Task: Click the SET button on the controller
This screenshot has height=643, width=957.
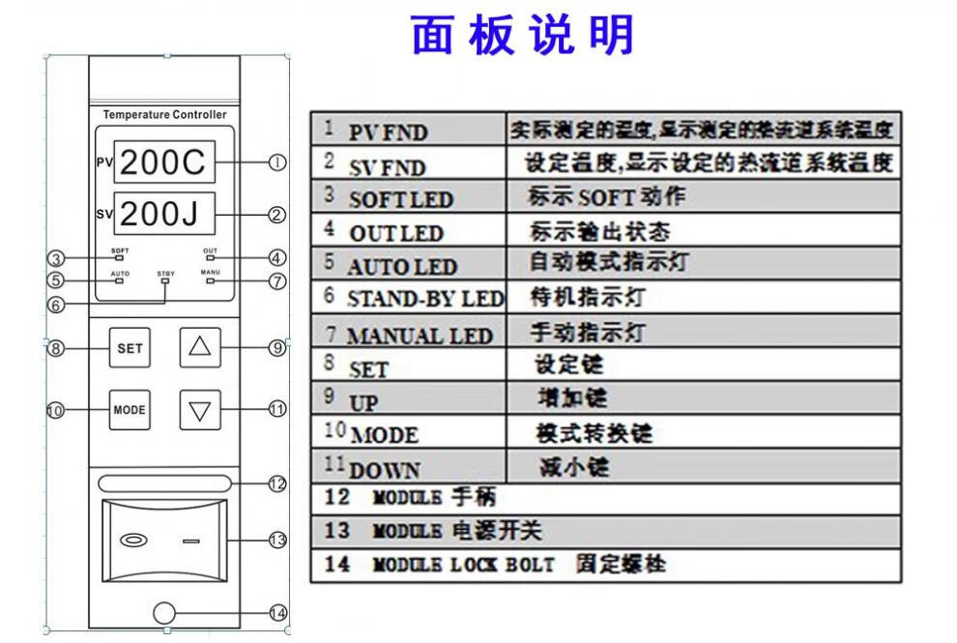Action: point(130,348)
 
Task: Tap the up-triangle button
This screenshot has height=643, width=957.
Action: point(200,347)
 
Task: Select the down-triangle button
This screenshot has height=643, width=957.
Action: point(200,410)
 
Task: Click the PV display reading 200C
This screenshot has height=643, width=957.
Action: point(164,161)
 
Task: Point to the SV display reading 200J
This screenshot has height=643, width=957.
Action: point(164,213)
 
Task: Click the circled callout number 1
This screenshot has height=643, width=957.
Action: point(277,162)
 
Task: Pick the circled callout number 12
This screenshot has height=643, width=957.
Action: point(277,483)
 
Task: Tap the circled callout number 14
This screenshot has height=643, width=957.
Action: point(277,613)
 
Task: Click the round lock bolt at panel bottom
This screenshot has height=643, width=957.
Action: point(163,613)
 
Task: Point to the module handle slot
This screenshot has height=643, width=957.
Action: point(163,483)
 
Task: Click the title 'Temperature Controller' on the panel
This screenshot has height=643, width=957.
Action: point(164,115)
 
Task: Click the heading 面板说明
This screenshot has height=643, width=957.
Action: point(523,36)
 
